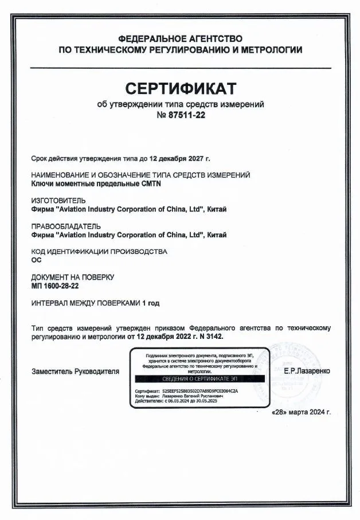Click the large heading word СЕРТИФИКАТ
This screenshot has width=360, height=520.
pos(181,89)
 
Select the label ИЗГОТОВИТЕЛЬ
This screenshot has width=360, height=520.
pos(58,201)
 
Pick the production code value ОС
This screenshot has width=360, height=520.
pos(37,260)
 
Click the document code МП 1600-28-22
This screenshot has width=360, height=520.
pos(55,285)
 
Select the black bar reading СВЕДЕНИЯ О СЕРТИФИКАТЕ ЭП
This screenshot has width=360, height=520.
pos(199,380)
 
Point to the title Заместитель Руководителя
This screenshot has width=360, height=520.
pos(76,372)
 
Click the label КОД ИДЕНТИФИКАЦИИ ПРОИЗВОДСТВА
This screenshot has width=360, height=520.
pos(98,251)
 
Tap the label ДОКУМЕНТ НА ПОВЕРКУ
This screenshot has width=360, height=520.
pos(72,277)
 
